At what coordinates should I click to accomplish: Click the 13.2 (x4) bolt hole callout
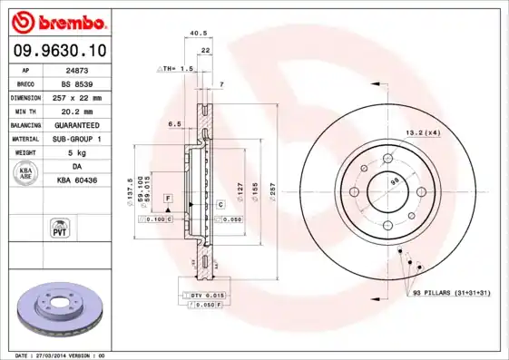point(422,133)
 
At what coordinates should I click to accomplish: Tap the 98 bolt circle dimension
point(395,181)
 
